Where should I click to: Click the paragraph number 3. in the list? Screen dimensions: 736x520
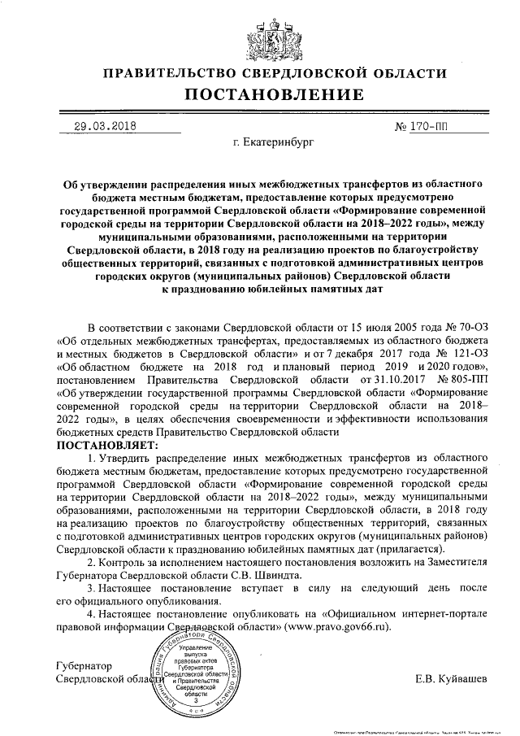pyautogui.click(x=92, y=587)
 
